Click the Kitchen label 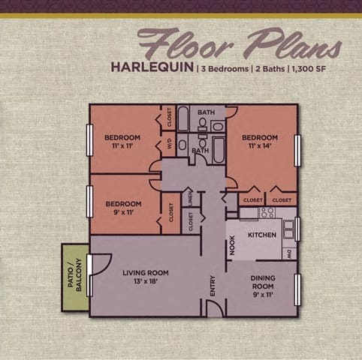point(263,235)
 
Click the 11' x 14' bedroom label point(260,142)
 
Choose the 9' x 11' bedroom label point(124,208)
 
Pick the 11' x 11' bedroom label point(122,141)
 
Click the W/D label point(170,143)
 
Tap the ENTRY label point(213,287)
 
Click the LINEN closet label point(192,201)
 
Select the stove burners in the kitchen point(267,213)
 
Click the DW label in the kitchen point(289,253)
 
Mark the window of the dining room point(298,288)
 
